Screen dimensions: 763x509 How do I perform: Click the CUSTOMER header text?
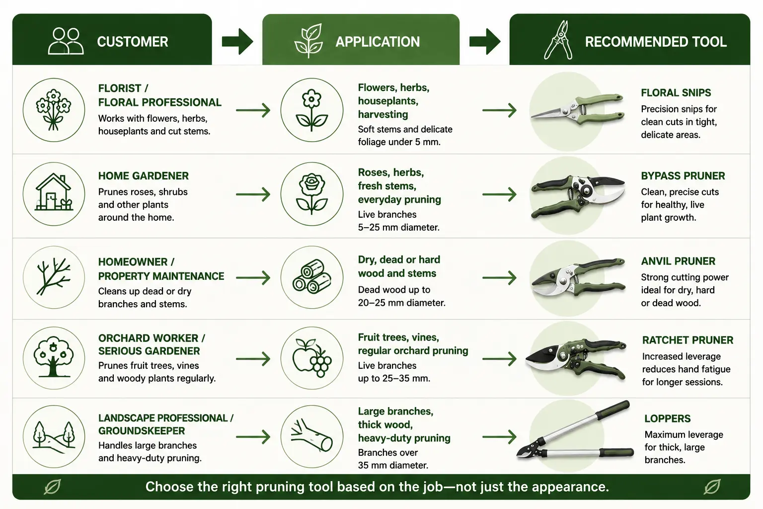click(x=133, y=42)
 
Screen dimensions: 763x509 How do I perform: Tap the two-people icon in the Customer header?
click(x=66, y=41)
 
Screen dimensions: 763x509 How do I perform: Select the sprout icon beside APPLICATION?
click(x=308, y=40)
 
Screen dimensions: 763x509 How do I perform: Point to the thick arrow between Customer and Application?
click(x=237, y=42)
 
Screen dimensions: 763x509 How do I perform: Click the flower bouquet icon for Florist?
click(x=54, y=110)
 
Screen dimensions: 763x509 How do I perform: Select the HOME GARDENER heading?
click(x=143, y=176)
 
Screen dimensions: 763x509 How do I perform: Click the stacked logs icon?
click(x=311, y=277)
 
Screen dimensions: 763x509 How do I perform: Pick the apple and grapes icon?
click(x=311, y=358)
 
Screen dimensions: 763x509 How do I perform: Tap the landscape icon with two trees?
click(x=54, y=437)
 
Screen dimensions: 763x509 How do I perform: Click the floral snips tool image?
click(x=577, y=110)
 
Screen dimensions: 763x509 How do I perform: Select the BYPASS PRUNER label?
click(x=683, y=176)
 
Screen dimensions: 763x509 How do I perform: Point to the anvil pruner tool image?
click(x=578, y=277)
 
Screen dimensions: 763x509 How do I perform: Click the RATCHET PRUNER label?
click(x=687, y=340)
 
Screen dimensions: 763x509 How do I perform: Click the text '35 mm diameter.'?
click(x=393, y=465)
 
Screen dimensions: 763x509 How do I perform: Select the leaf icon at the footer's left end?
click(x=53, y=487)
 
